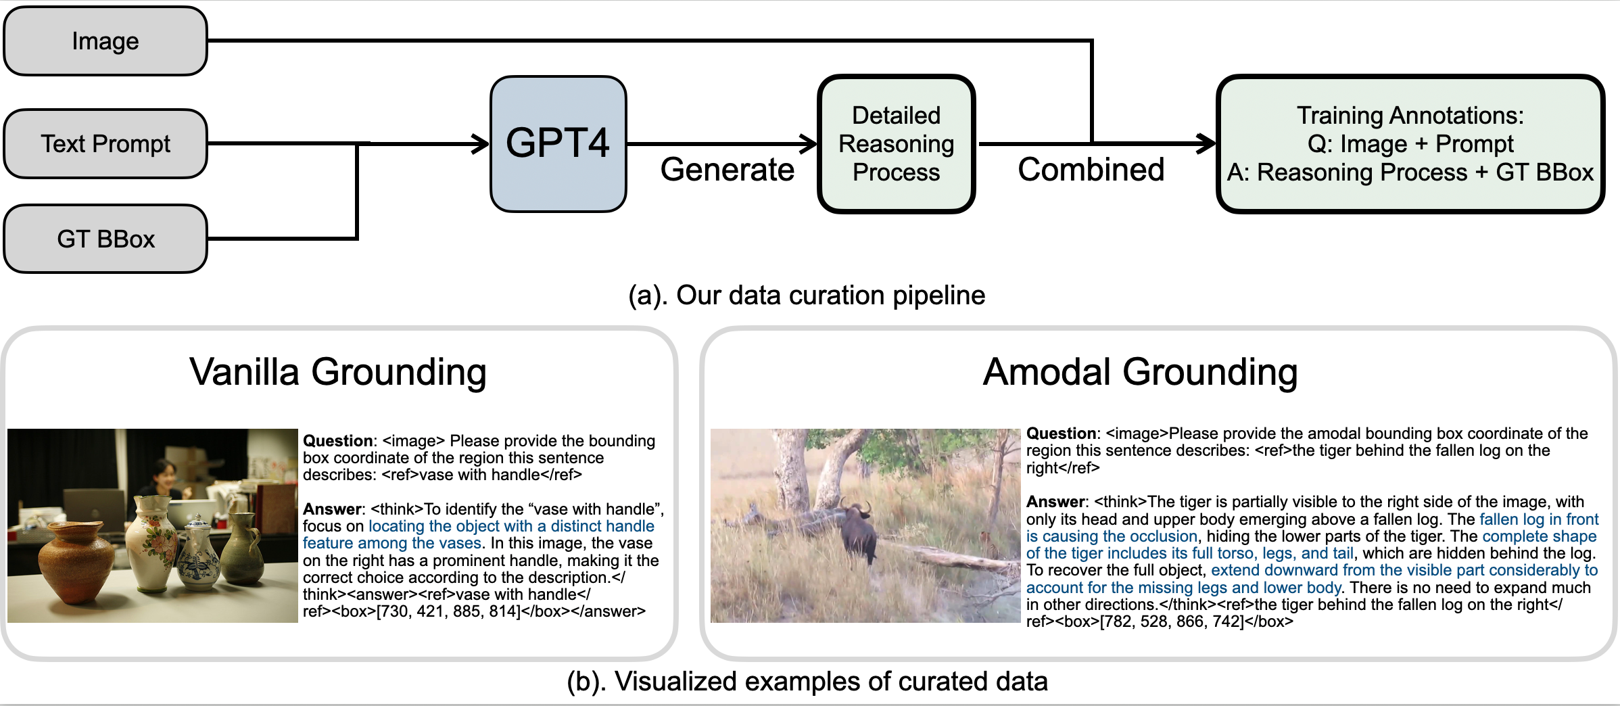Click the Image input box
click(x=105, y=41)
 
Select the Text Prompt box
click(x=105, y=144)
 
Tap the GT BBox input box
click(x=105, y=239)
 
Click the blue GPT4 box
click(x=558, y=143)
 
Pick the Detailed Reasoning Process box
click(x=896, y=144)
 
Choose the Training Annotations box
click(x=1410, y=144)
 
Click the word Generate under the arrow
click(x=727, y=169)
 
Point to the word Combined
click(x=1091, y=169)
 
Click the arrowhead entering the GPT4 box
click(x=481, y=143)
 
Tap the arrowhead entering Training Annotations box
click(x=1207, y=143)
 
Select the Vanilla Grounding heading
click(x=337, y=371)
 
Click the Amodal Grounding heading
click(x=1140, y=371)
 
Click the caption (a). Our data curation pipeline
click(x=807, y=295)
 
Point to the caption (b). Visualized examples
click(x=807, y=681)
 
